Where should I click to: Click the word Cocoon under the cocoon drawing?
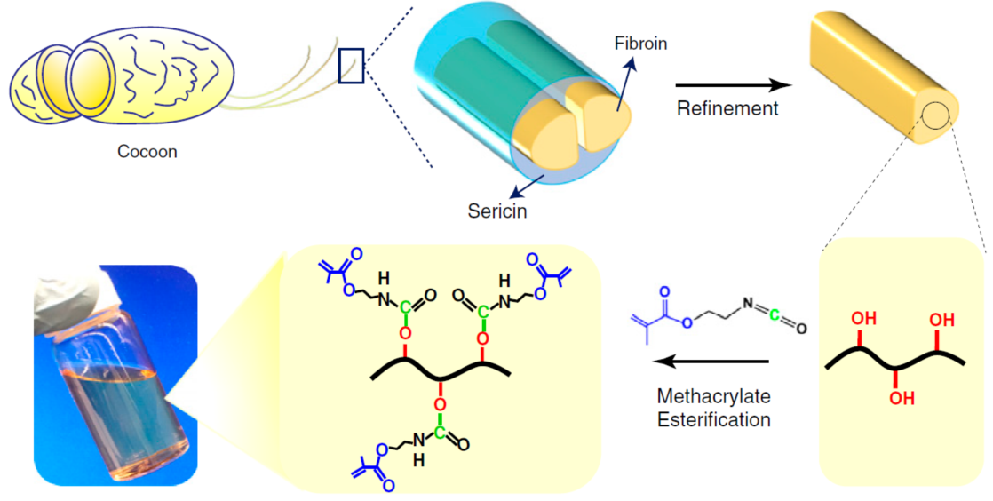(147, 152)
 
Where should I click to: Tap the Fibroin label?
(639, 43)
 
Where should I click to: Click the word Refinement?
(727, 109)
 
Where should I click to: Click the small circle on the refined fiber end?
(935, 115)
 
